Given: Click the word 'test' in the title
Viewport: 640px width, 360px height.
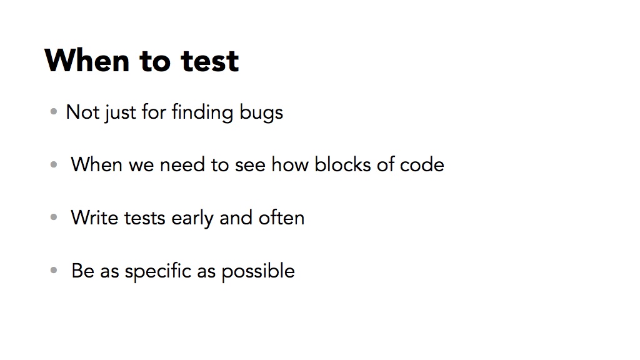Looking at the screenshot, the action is (x=210, y=61).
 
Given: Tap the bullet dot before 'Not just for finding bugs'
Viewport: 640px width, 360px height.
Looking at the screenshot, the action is (x=54, y=111).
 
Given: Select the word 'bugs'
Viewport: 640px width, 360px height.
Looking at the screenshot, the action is (x=261, y=113).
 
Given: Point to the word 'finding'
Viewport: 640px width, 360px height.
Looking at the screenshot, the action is (x=202, y=112).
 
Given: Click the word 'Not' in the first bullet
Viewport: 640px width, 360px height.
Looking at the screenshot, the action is (x=81, y=112).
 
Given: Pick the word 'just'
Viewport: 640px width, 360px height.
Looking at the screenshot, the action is (x=120, y=113).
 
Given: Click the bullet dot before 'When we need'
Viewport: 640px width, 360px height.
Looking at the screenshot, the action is (x=54, y=164).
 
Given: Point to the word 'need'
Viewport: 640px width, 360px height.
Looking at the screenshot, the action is (x=182, y=164).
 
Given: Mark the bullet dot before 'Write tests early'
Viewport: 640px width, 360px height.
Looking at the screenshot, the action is (x=54, y=217).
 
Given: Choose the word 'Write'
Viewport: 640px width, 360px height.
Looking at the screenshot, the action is (x=95, y=217).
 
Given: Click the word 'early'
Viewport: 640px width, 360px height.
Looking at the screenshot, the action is (x=192, y=219).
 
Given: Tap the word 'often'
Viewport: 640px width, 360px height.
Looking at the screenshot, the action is (x=282, y=217).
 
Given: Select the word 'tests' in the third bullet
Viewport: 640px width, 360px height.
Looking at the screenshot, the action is (x=144, y=218).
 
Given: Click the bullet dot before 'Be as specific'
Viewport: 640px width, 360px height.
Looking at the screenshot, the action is (x=54, y=270).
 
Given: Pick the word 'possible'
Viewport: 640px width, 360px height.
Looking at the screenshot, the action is (x=258, y=271).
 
